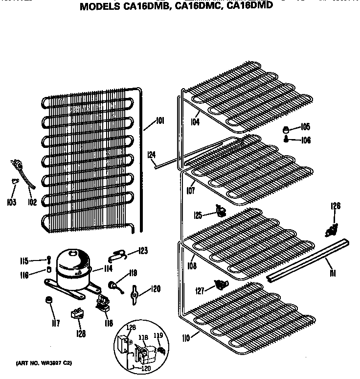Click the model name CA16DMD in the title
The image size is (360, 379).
click(x=249, y=7)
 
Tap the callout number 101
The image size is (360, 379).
click(x=160, y=121)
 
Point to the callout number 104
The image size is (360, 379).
click(x=195, y=122)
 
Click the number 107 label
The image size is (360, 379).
click(x=191, y=191)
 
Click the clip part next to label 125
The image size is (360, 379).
click(x=221, y=212)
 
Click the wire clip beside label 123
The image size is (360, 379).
click(x=119, y=254)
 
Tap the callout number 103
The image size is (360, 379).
click(x=12, y=202)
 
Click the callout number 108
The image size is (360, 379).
click(x=192, y=266)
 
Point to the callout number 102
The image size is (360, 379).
click(x=32, y=202)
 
